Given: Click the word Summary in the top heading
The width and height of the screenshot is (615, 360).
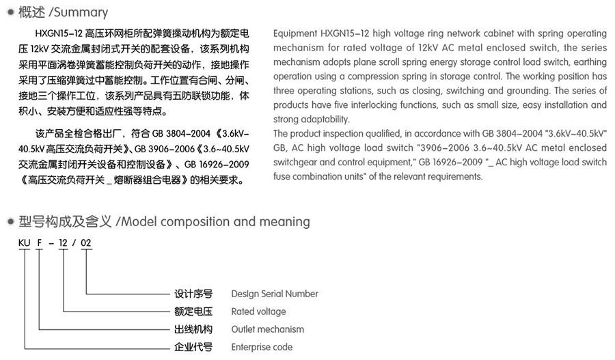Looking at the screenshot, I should [x=83, y=12].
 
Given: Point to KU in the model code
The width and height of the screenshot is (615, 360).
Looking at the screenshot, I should [x=25, y=244].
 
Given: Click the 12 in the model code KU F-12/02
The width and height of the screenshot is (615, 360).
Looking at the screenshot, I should [x=64, y=244].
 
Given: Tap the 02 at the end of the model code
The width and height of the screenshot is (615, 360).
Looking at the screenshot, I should [x=87, y=244].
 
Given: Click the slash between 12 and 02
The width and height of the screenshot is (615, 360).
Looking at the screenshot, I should [x=75, y=244].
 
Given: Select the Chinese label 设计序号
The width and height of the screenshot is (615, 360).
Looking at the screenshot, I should [x=193, y=294].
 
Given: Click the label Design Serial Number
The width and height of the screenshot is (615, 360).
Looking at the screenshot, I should [x=275, y=294].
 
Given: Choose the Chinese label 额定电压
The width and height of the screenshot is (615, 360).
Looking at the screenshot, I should [x=193, y=311].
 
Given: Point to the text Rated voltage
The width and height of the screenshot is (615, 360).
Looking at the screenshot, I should [x=258, y=311].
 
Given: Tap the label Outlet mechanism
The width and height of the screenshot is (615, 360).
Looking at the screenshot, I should [x=267, y=329].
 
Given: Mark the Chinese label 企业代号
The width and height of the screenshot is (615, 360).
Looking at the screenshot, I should [x=193, y=347].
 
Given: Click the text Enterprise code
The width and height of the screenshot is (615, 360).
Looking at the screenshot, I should [x=262, y=347].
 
